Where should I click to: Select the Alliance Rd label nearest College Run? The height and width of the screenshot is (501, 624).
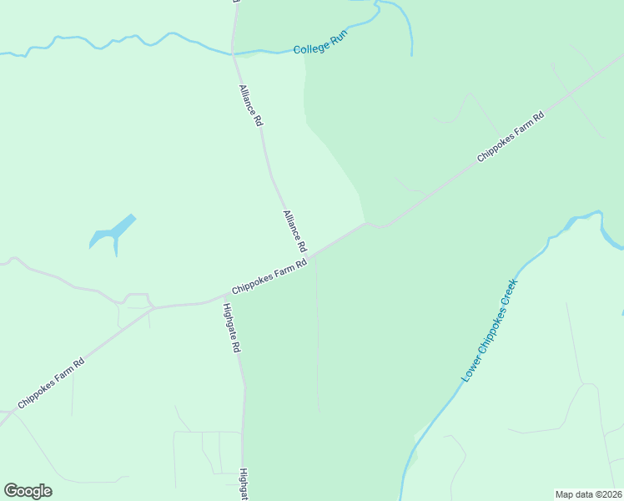(x=250, y=105)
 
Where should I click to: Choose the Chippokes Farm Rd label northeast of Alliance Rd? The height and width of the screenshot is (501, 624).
(x=511, y=137)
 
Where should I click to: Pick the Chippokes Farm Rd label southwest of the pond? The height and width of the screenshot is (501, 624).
(x=51, y=383)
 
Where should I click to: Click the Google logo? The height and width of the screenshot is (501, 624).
(x=28, y=491)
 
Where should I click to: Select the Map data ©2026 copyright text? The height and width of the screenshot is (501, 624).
(x=589, y=494)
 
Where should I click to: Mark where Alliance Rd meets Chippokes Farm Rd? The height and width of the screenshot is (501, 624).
(x=309, y=254)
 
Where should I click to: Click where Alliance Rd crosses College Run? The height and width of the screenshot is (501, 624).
(x=233, y=54)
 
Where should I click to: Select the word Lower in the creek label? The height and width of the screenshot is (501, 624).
(x=470, y=370)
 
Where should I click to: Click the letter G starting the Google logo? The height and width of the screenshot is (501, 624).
(x=11, y=491)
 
